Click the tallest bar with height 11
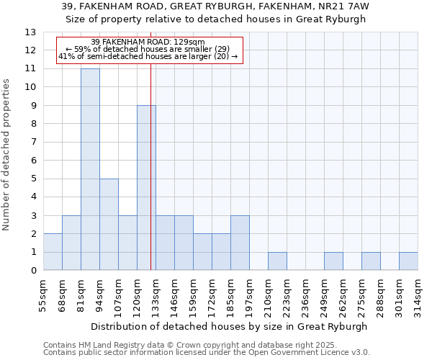coord(90,169)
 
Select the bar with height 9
coord(146,188)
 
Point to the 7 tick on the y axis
coord(32,143)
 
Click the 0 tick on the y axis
coord(32,271)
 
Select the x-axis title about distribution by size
coord(230,326)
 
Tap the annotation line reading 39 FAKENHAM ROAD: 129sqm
coord(148,42)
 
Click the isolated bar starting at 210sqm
coord(277,261)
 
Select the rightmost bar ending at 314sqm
coord(408,261)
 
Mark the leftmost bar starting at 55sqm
coord(53,252)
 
